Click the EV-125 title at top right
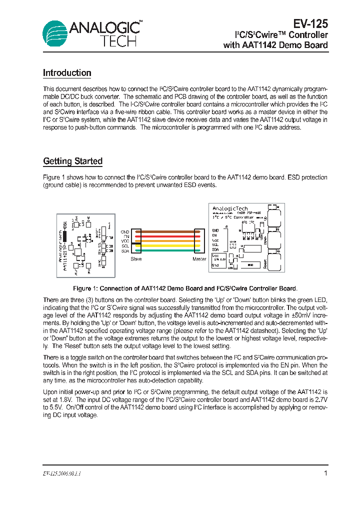point(310,23)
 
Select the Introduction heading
point(67,73)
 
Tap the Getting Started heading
point(72,161)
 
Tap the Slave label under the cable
point(136,259)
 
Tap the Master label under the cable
point(199,259)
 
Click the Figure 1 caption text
point(185,288)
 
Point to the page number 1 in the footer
point(325,473)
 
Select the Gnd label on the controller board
point(215,265)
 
